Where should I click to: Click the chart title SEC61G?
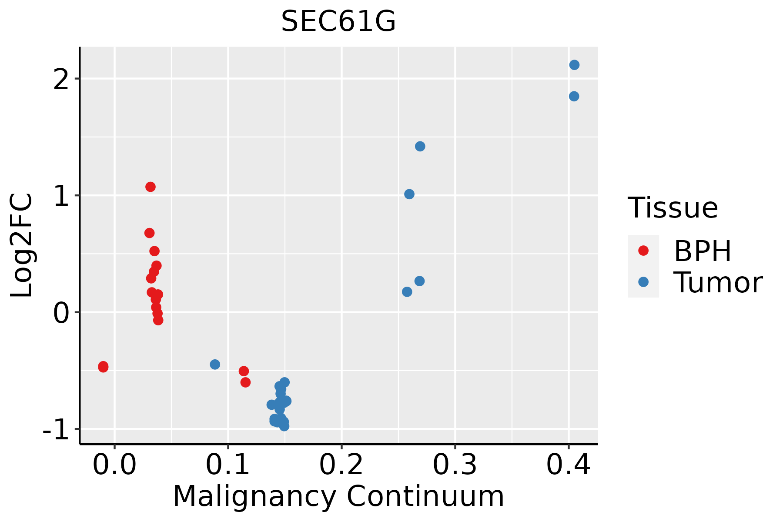[338, 22]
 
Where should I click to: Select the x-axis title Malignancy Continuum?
[338, 497]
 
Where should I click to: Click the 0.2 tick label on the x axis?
[341, 465]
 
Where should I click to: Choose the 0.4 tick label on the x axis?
[568, 465]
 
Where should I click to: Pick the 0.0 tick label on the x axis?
[114, 465]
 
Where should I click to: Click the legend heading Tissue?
[673, 208]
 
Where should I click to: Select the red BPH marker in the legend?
[643, 251]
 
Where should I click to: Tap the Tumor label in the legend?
[718, 283]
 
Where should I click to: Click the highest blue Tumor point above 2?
[574, 65]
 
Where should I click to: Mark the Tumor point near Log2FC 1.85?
[574, 96]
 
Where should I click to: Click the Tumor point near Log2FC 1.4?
[420, 146]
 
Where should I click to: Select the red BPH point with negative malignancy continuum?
[103, 367]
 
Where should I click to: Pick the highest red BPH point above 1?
[151, 187]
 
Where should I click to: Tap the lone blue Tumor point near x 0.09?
[215, 365]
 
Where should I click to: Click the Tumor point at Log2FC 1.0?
[409, 194]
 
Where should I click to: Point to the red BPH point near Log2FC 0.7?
[149, 233]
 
